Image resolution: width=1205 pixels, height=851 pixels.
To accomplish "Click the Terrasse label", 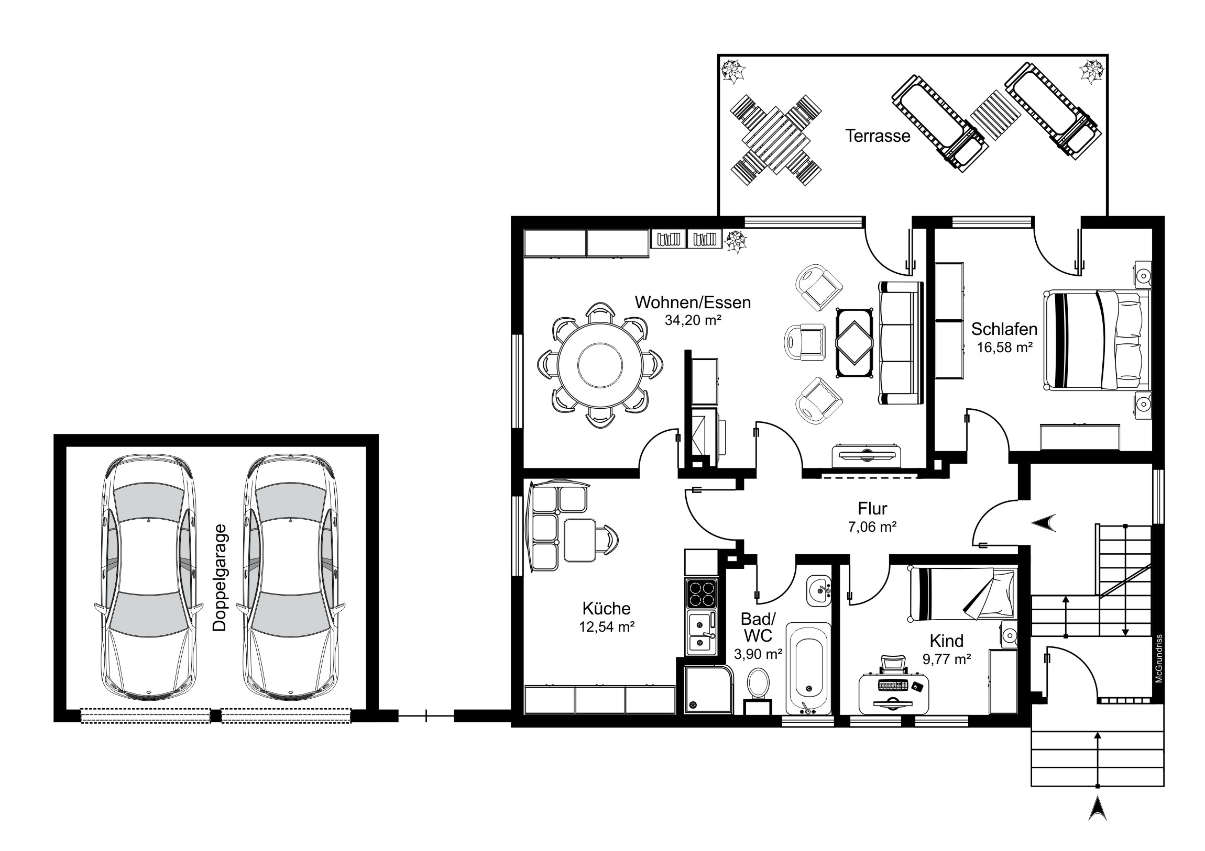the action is (878, 136).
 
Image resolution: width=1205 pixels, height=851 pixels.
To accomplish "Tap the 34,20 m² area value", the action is (693, 320).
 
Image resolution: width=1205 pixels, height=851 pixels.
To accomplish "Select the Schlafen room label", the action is (1004, 329).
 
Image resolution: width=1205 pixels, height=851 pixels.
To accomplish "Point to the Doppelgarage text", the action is (220, 577).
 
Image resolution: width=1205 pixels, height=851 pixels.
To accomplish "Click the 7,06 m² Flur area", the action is (872, 527).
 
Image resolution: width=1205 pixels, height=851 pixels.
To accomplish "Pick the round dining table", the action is (600, 364).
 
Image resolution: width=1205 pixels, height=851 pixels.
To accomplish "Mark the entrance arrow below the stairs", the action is (1098, 823).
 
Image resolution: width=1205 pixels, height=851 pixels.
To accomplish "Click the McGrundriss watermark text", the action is (1159, 658).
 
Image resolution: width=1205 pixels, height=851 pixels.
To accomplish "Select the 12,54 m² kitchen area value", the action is (607, 626).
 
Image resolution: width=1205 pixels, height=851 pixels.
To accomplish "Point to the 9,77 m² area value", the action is (946, 659).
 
